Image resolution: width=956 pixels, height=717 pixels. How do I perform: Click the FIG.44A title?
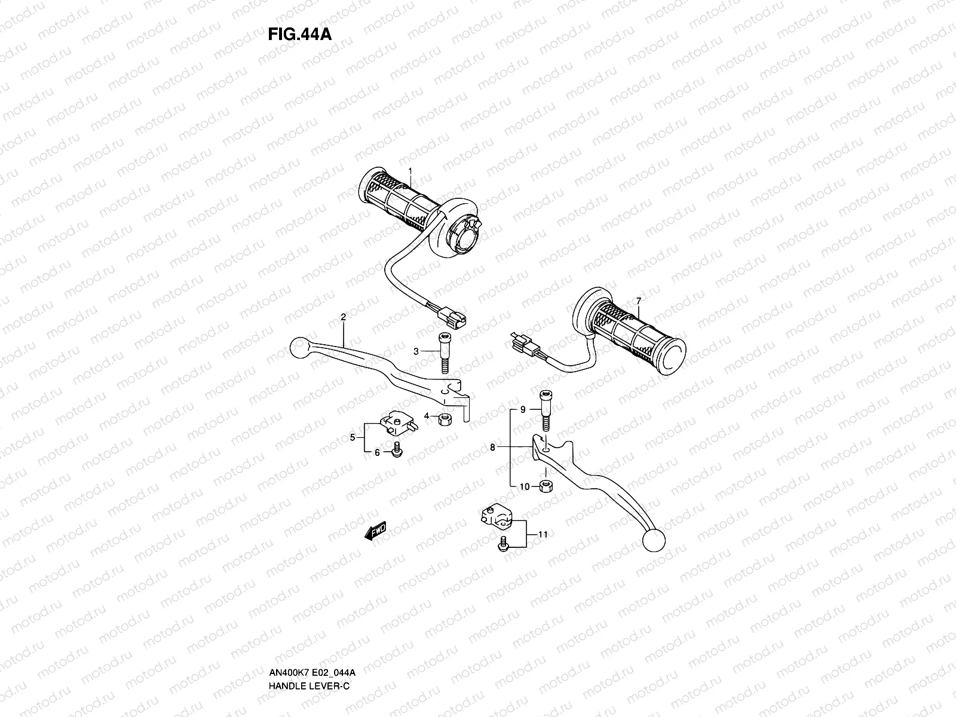point(299,33)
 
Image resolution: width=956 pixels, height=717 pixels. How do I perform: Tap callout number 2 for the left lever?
point(344,317)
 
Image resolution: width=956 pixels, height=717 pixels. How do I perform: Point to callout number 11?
point(543,534)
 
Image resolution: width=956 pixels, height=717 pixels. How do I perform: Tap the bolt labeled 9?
point(546,409)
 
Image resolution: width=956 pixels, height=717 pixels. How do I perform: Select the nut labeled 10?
point(545,486)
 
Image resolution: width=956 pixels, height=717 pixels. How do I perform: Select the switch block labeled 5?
point(394,424)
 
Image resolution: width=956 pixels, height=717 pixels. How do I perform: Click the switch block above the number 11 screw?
point(496,516)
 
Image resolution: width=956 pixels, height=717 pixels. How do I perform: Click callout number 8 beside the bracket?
point(493,446)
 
